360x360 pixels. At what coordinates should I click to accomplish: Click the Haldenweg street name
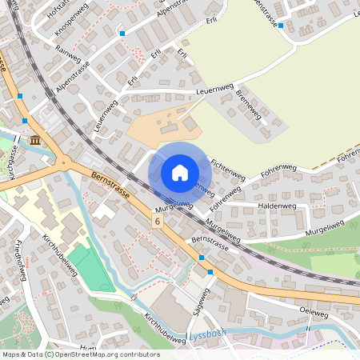(277, 206)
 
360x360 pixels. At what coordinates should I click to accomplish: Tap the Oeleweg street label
(313, 310)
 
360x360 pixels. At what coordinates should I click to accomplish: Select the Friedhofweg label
(22, 260)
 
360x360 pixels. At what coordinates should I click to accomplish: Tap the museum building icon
(35, 141)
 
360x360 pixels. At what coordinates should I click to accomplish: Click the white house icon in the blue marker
(180, 172)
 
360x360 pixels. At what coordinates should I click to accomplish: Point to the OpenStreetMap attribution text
(81, 354)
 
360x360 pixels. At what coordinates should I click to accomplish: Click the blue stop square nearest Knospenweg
(122, 34)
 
